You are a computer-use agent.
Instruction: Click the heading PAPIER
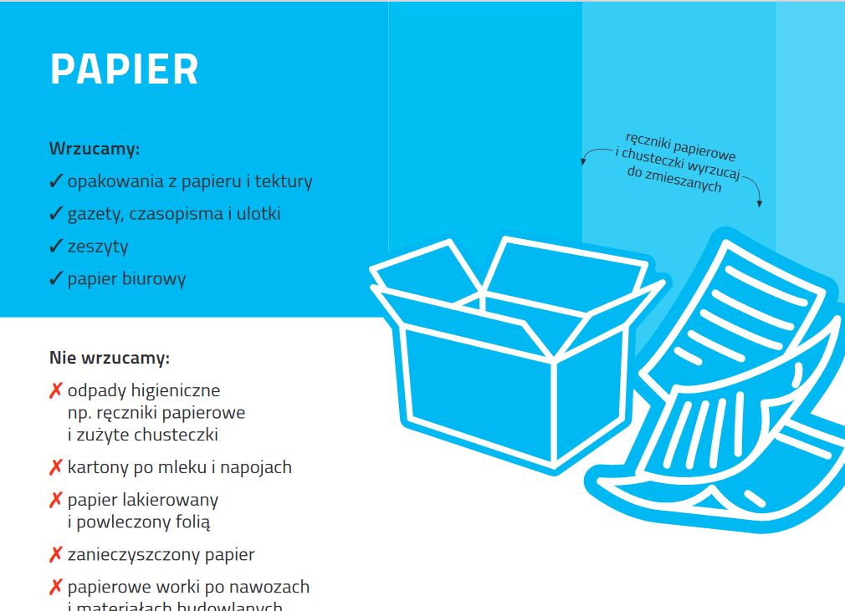coord(124,69)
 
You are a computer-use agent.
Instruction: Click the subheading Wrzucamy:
coord(95,150)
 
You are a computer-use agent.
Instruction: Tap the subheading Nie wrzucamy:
coord(110,359)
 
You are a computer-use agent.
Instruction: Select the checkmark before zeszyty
coord(56,246)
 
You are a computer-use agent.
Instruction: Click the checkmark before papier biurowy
coord(56,278)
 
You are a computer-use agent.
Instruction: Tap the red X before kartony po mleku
coord(56,467)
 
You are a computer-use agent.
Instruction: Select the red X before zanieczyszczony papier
coord(56,554)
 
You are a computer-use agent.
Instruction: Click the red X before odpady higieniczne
coord(56,390)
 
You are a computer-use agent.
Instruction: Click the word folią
coord(192,522)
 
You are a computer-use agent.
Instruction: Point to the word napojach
coord(257,467)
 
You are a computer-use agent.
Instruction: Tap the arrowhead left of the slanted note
coord(584,162)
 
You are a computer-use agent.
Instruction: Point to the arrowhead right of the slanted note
coord(759,203)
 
